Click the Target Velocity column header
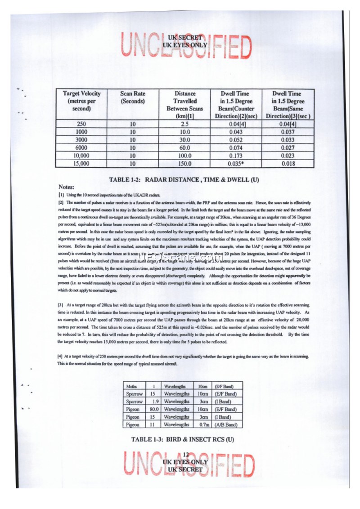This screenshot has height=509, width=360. pos(81,101)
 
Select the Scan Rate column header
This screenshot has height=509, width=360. pos(133,98)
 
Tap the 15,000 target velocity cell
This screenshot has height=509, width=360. pos(81,164)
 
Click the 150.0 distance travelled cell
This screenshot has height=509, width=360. pos(185,164)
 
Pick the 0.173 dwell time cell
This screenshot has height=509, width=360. pos(235,156)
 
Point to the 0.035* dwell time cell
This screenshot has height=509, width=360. pos(235,164)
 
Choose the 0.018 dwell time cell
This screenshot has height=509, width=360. pos(288,164)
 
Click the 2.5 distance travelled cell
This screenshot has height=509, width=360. pos(185,124)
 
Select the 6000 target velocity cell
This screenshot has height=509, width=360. pos(81,148)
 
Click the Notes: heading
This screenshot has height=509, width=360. pos(66,187)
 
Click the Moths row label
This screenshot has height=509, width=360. pos(132,386)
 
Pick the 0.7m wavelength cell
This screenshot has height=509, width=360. pos(203,424)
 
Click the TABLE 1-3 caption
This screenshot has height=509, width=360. pos(183,438)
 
